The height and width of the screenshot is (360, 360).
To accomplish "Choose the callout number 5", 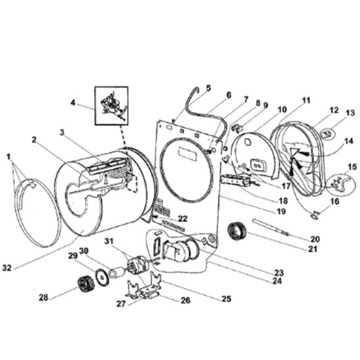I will click(208, 87).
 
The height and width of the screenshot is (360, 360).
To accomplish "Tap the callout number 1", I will click(8, 157).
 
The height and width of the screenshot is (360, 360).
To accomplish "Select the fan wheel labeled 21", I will click(235, 232).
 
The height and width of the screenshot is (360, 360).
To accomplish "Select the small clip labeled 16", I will click(314, 211).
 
